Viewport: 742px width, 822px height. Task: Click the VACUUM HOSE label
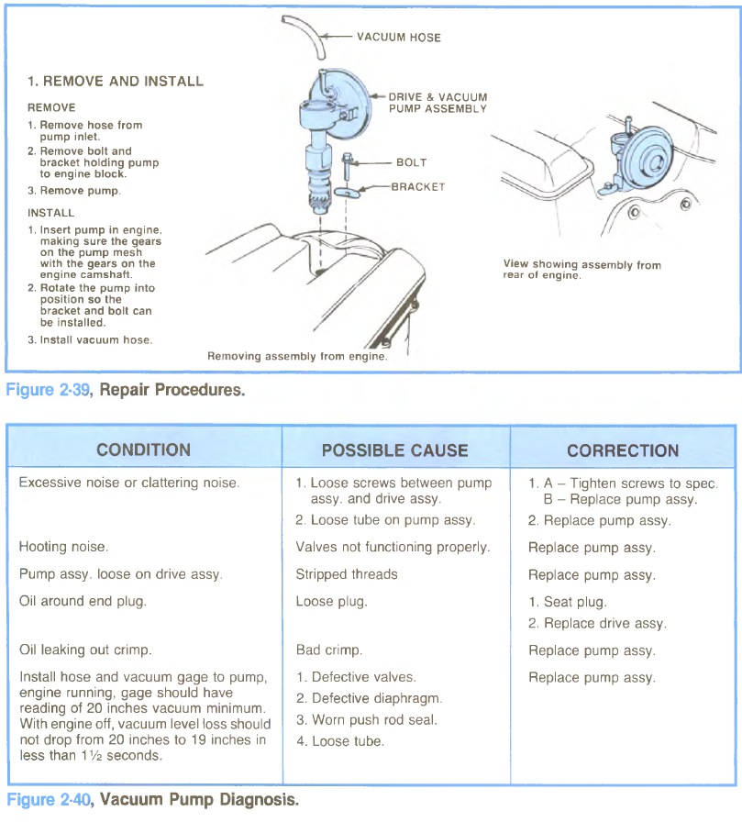click(398, 38)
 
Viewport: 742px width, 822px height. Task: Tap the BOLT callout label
click(411, 162)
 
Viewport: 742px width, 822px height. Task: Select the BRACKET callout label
click(417, 186)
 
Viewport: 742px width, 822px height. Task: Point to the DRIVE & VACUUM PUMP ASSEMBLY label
click(437, 102)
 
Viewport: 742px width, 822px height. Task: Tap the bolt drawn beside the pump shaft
click(346, 169)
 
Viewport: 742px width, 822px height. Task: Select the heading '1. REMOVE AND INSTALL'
click(116, 81)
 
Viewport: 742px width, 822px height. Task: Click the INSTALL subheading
click(50, 212)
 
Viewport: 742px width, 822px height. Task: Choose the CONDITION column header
click(144, 450)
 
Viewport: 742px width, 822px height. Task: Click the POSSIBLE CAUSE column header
click(394, 450)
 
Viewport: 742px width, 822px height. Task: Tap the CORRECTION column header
click(623, 450)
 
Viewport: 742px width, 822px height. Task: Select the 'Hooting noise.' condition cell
click(63, 547)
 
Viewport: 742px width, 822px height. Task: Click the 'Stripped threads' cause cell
click(346, 574)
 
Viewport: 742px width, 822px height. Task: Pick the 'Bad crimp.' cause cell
click(328, 650)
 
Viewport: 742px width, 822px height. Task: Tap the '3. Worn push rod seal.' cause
click(366, 720)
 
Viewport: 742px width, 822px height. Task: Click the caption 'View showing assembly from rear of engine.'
click(581, 270)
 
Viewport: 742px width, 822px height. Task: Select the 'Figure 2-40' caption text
click(50, 800)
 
